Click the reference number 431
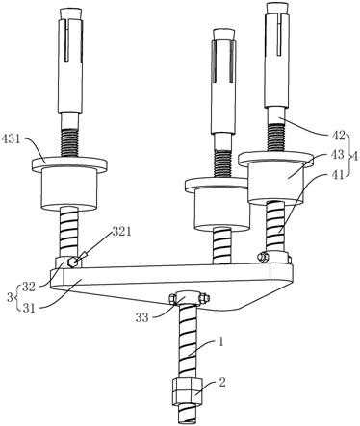click(13, 140)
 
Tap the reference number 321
click(121, 232)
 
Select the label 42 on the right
click(337, 136)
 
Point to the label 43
click(337, 155)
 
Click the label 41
click(337, 174)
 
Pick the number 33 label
click(141, 317)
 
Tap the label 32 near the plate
click(28, 288)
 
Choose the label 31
click(28, 308)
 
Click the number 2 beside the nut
click(222, 382)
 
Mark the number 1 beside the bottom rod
click(220, 342)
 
